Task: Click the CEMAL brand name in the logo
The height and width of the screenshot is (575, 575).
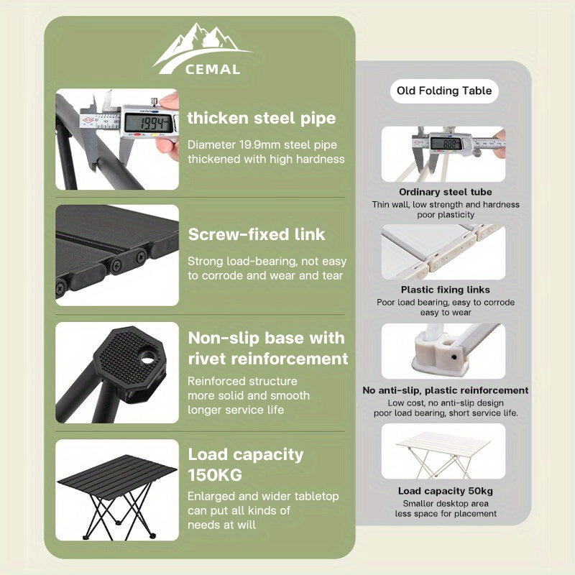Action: point(213,69)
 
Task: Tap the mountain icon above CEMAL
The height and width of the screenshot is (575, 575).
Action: point(203,47)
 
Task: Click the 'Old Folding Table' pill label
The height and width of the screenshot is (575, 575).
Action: point(444,91)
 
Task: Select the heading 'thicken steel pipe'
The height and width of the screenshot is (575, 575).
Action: point(262,119)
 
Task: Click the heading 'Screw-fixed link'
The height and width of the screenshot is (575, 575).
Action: point(257,235)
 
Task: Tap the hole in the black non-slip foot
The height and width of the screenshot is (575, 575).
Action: point(147,357)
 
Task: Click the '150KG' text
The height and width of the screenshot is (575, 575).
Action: point(215,475)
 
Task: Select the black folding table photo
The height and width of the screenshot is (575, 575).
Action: point(117,490)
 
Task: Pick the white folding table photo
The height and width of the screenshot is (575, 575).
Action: point(443,451)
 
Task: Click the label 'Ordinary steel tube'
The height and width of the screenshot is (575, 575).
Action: point(446,192)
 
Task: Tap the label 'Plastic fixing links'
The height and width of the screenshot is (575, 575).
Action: point(445,290)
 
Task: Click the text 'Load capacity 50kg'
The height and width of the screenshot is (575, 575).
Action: point(446,491)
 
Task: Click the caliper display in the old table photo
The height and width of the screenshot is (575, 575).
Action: point(446,143)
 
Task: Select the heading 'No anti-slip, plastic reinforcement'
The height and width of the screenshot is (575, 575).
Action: point(446,390)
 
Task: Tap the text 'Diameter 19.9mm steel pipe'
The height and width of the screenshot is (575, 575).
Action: point(262,145)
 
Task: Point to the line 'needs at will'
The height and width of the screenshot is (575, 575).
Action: point(222,525)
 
